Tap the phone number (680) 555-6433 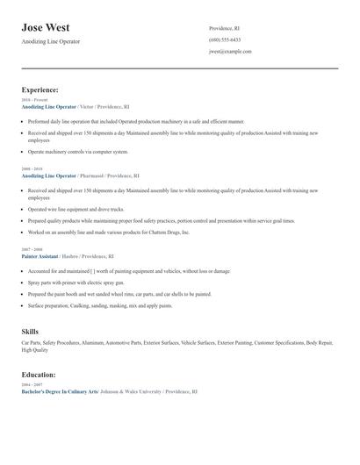225,39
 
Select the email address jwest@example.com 230,51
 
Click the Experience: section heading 40,89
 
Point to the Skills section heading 30,331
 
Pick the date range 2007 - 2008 31,249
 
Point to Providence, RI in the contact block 226,28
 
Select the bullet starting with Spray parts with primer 78,283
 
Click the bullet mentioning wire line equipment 76,210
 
